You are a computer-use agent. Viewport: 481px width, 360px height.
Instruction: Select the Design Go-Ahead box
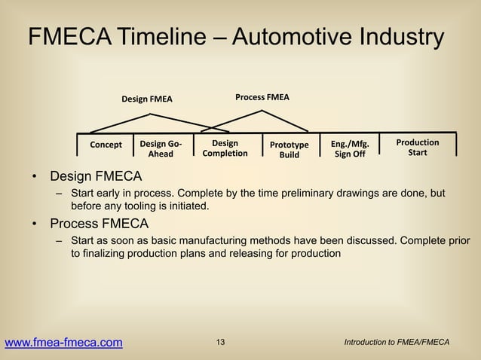pyautogui.click(x=161, y=148)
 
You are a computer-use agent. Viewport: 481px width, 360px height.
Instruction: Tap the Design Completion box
pyautogui.click(x=225, y=148)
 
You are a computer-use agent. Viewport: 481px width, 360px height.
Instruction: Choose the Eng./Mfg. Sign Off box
pyautogui.click(x=349, y=148)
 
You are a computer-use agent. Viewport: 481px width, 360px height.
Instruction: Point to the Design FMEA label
pyautogui.click(x=147, y=99)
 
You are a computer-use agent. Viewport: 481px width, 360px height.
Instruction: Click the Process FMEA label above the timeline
pyautogui.click(x=262, y=97)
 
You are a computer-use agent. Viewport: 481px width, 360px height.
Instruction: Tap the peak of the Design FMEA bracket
pyautogui.click(x=151, y=114)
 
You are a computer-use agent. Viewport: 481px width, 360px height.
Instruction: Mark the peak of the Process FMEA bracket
pyautogui.click(x=262, y=111)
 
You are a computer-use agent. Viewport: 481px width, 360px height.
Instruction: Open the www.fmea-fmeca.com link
pyautogui.click(x=63, y=343)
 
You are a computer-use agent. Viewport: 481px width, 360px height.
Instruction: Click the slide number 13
pyautogui.click(x=220, y=343)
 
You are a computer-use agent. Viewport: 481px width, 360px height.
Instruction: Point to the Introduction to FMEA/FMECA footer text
pyautogui.click(x=396, y=343)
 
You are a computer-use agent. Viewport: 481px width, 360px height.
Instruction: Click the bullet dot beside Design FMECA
pyautogui.click(x=34, y=178)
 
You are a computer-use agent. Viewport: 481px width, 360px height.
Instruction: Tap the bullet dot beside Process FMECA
pyautogui.click(x=34, y=224)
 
